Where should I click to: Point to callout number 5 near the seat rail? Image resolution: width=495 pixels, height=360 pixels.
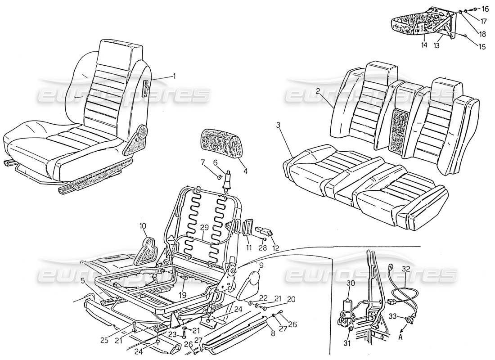click(x=83, y=281)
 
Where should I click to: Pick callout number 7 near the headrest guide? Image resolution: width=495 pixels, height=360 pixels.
click(x=202, y=162)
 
